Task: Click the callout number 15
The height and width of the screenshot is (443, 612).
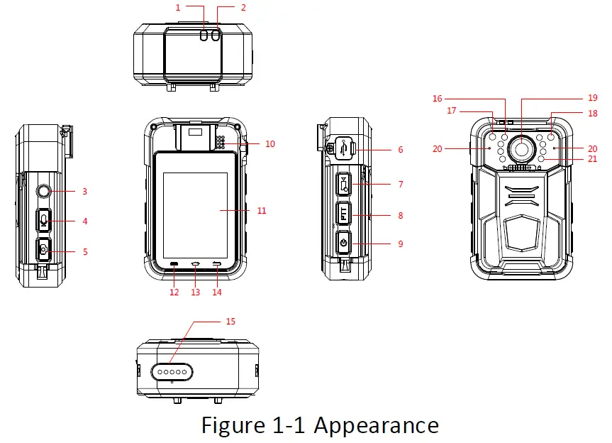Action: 230,322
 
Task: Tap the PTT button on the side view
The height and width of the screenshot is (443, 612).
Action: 343,214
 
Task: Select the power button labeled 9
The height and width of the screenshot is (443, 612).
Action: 343,243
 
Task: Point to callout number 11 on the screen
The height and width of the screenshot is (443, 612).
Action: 261,211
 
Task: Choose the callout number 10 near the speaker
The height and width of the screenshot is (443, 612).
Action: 269,143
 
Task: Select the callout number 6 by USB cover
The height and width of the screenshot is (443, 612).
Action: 401,150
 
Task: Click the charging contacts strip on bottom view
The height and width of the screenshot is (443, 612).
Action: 171,370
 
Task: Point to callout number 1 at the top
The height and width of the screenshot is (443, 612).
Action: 179,8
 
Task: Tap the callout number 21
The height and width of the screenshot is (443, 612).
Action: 592,159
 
